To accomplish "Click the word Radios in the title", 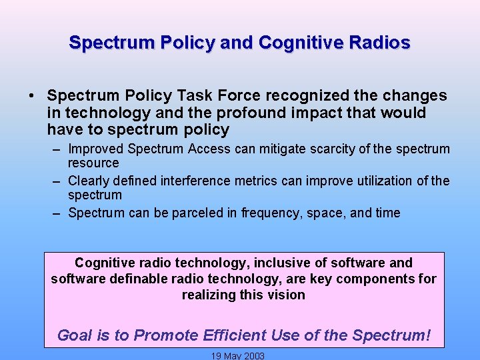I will pos(378,43).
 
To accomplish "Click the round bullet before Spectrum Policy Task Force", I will pos(32,96).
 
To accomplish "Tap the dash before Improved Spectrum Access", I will pos(58,149).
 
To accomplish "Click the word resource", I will pos(93,163).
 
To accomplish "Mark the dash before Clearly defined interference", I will pos(58,181).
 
